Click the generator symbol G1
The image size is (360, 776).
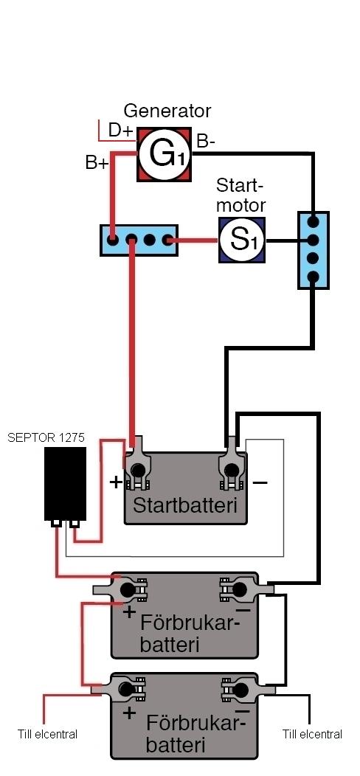pyautogui.click(x=164, y=154)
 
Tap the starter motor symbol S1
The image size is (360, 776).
pyautogui.click(x=242, y=240)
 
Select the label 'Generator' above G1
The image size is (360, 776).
pyautogui.click(x=167, y=111)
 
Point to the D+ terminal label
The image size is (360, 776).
pyautogui.click(x=121, y=130)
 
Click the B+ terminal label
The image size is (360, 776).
pyautogui.click(x=97, y=163)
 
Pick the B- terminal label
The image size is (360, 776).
pyautogui.click(x=206, y=141)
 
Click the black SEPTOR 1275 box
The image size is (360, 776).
pyautogui.click(x=65, y=483)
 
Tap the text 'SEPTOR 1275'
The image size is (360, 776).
pyautogui.click(x=46, y=437)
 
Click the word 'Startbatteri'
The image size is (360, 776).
pyautogui.click(x=184, y=506)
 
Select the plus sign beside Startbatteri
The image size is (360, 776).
pyautogui.click(x=116, y=482)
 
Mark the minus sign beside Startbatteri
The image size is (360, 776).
pyautogui.click(x=261, y=481)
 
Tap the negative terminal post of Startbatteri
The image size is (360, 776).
pyautogui.click(x=231, y=469)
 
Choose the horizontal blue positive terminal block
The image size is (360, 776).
pyautogui.click(x=139, y=240)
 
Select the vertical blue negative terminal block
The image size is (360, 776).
pyautogui.click(x=313, y=250)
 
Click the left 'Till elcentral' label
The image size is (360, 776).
pyautogui.click(x=47, y=734)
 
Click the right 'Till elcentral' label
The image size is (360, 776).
pyautogui.click(x=313, y=734)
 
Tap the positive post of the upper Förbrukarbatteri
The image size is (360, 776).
pyautogui.click(x=128, y=589)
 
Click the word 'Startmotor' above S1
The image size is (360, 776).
pyautogui.click(x=240, y=195)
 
